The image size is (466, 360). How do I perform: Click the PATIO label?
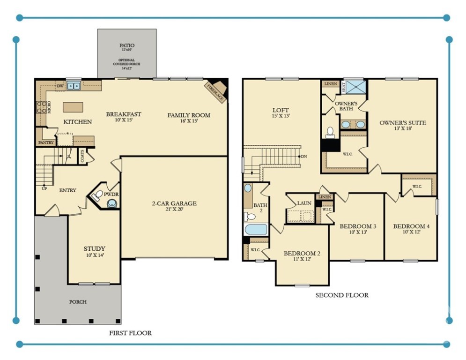click(126, 45)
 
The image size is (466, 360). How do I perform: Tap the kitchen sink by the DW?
click(73, 86)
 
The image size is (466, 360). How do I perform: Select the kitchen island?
click(73, 107)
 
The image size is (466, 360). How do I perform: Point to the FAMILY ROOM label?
click(189, 115)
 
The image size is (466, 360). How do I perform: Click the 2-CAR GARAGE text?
click(174, 203)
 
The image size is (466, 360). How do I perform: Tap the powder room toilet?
click(112, 203)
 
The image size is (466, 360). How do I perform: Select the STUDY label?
click(94, 248)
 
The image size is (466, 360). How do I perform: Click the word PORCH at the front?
click(78, 302)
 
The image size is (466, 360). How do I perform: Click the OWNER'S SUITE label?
click(402, 123)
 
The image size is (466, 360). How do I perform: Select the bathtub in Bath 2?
click(256, 230)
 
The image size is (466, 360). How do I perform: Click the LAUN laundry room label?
click(304, 203)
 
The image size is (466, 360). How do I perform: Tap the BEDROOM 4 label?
click(411, 226)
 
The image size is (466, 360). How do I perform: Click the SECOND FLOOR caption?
click(341, 295)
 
